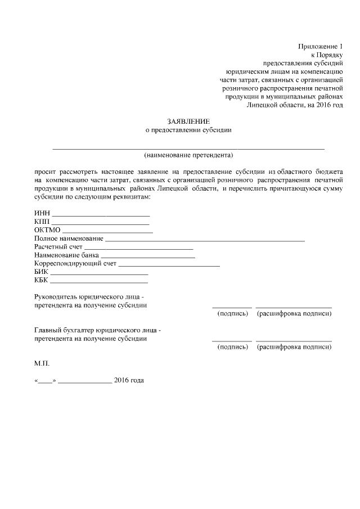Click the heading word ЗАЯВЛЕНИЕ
(x=188, y=121)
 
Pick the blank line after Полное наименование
(x=205, y=240)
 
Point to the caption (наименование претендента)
(x=188, y=154)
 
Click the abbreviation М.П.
(x=42, y=363)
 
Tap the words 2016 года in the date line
(x=129, y=381)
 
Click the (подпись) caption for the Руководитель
(x=232, y=313)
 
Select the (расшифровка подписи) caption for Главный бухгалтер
(x=294, y=347)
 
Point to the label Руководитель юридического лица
(x=89, y=297)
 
